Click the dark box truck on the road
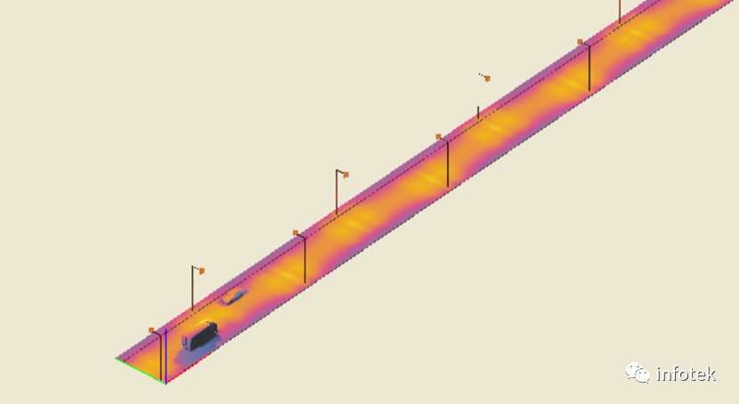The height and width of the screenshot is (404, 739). [199, 335]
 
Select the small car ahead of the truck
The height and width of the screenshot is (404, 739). [234, 296]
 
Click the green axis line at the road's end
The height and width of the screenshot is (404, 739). [140, 371]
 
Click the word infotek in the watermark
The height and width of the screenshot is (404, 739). [686, 375]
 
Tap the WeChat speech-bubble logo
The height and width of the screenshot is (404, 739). [637, 373]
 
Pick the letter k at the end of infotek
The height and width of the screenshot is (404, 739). [711, 375]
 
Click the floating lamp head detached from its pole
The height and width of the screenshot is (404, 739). [485, 77]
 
